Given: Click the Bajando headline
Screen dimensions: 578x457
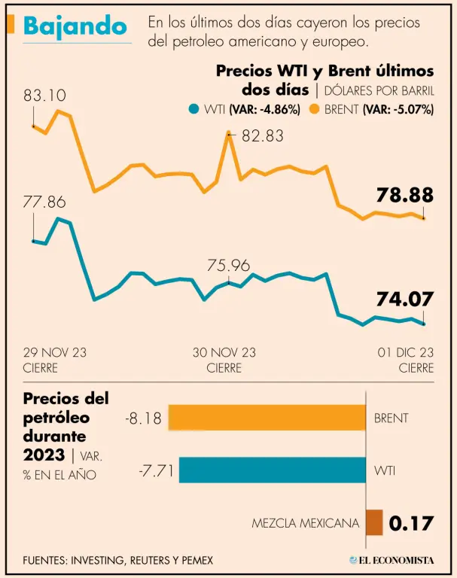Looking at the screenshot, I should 75,26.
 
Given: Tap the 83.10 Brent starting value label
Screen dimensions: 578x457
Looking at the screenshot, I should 45,96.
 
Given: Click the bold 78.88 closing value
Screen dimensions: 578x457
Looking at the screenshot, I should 404,195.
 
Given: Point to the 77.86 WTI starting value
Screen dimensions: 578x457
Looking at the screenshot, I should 45,202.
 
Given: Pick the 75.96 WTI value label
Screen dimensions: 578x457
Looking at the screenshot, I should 229,265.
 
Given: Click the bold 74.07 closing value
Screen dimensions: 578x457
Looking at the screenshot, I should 404,299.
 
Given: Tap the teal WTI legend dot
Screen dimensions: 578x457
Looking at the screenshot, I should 193,109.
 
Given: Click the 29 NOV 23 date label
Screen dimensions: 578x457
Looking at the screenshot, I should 54,352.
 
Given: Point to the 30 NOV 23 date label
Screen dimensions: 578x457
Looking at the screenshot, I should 224,352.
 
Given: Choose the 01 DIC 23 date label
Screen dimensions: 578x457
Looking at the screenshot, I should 405,352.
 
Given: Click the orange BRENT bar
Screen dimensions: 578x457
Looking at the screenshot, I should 267,418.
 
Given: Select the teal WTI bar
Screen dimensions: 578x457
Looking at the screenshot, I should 272,470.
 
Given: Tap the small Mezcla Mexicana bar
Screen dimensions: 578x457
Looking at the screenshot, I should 374,523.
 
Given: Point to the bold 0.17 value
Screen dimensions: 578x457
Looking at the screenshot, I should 411,523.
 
